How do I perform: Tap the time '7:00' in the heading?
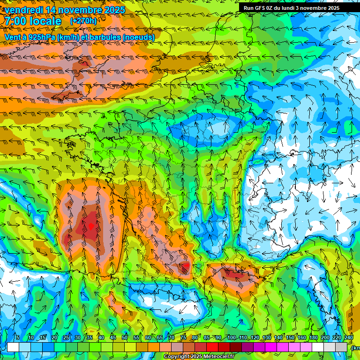coord(16,21)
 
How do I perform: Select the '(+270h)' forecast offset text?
coord(83,21)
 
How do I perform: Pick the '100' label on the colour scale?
coord(231,338)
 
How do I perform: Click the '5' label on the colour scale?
coord(18,338)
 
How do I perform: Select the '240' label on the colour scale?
coord(349,338)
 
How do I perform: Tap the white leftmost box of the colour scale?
coord(13,347)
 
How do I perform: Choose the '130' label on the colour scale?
coord(267,338)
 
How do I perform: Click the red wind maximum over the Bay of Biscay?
coord(91,226)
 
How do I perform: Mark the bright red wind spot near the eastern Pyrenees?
coord(187,266)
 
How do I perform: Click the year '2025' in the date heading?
coord(114,10)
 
